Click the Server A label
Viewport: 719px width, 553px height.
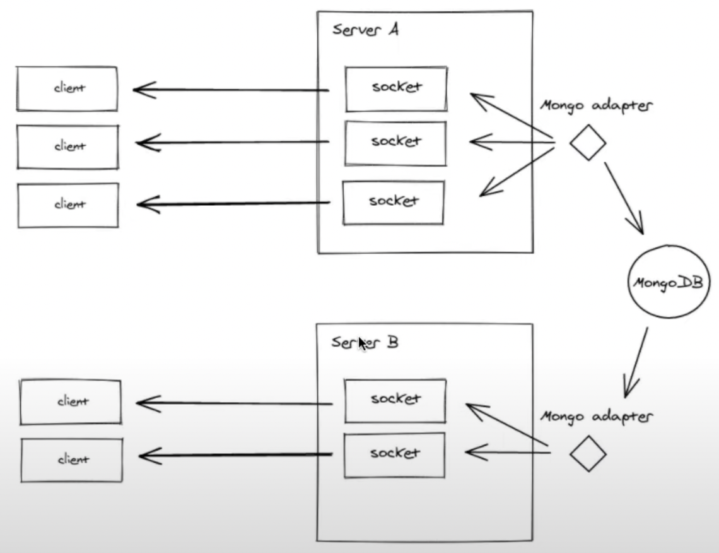(365, 30)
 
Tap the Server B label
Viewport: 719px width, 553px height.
(365, 342)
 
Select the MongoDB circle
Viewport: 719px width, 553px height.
(667, 282)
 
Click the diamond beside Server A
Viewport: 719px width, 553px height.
(588, 142)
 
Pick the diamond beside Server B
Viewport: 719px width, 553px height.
(588, 453)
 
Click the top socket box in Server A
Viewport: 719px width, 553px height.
(396, 89)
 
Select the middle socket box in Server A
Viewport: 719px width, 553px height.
(395, 143)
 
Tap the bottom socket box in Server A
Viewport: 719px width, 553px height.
(394, 203)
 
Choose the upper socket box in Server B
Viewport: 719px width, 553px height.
(395, 401)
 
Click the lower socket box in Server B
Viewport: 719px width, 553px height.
(394, 455)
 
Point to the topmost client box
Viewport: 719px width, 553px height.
(67, 88)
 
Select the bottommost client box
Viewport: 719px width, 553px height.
(71, 460)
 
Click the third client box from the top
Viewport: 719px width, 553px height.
(68, 205)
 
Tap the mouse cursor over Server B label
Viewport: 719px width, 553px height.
(363, 343)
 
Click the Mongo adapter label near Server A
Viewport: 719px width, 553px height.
(596, 105)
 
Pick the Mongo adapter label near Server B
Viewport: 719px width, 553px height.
(596, 417)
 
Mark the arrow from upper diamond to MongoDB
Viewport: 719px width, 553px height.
(624, 198)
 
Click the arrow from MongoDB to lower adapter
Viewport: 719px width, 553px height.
(636, 362)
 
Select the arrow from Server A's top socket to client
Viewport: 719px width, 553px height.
(231, 90)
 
